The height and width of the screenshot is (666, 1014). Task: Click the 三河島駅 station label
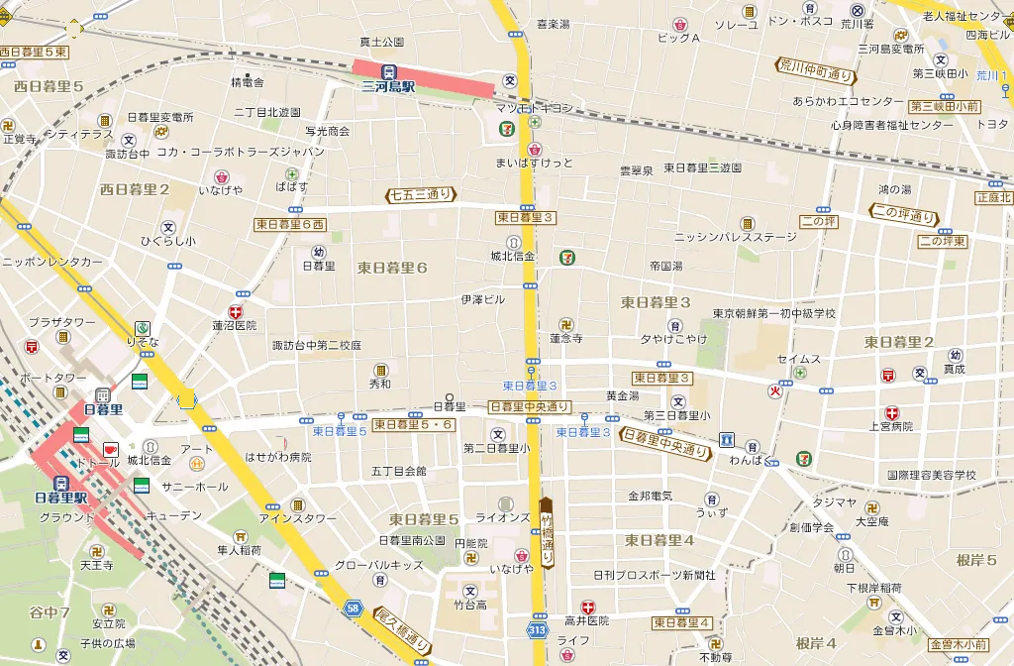(388, 87)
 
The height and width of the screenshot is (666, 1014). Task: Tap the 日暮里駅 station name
(61, 498)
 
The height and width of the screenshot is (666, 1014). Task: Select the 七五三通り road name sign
(421, 194)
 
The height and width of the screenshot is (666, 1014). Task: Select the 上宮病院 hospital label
(891, 426)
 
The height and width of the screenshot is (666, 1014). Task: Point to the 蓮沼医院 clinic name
(234, 325)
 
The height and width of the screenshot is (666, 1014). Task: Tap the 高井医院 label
(587, 620)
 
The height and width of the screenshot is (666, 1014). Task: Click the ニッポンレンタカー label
(52, 262)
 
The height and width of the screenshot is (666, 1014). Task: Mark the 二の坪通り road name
(902, 213)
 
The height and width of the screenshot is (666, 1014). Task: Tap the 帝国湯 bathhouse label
(665, 267)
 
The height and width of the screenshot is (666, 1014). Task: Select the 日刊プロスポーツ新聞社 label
(654, 575)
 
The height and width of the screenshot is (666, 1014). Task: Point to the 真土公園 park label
(382, 42)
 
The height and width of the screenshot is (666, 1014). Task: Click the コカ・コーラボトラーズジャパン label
(241, 152)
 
